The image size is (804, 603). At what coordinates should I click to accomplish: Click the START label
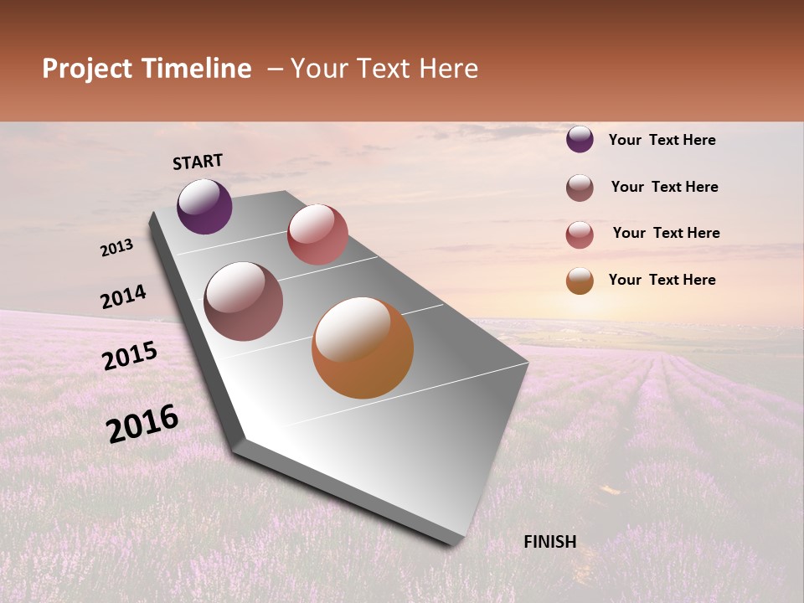pyautogui.click(x=198, y=162)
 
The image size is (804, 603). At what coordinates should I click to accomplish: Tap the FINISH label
pyautogui.click(x=549, y=542)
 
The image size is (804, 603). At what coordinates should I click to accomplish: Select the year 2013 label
pyautogui.click(x=117, y=247)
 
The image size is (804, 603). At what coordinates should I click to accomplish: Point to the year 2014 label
pyautogui.click(x=123, y=296)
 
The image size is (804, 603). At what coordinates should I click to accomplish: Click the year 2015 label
pyautogui.click(x=129, y=356)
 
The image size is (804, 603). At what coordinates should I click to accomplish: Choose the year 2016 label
pyautogui.click(x=142, y=423)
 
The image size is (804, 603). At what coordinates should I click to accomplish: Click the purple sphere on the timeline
pyautogui.click(x=204, y=206)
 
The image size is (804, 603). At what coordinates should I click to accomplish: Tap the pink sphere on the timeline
pyautogui.click(x=317, y=234)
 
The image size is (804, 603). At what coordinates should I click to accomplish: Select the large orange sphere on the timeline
pyautogui.click(x=363, y=348)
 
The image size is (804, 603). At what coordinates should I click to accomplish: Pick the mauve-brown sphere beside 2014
pyautogui.click(x=244, y=301)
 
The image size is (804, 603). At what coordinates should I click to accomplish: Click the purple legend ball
pyautogui.click(x=580, y=139)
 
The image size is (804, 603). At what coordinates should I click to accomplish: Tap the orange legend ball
pyautogui.click(x=580, y=281)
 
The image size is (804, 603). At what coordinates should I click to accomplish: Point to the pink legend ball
pyautogui.click(x=580, y=234)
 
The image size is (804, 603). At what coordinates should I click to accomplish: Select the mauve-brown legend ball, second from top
pyautogui.click(x=580, y=188)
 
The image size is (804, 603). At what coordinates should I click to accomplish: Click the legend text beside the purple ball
pyautogui.click(x=662, y=140)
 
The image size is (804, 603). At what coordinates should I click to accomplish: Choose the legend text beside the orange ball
pyautogui.click(x=662, y=280)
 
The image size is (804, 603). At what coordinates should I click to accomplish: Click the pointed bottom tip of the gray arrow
pyautogui.click(x=453, y=544)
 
